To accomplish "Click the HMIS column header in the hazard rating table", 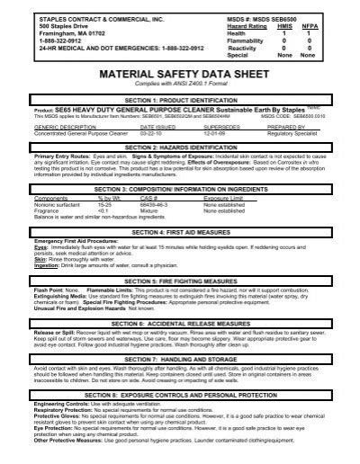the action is (x=286, y=23).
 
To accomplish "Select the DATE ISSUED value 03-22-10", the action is (x=154, y=131).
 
